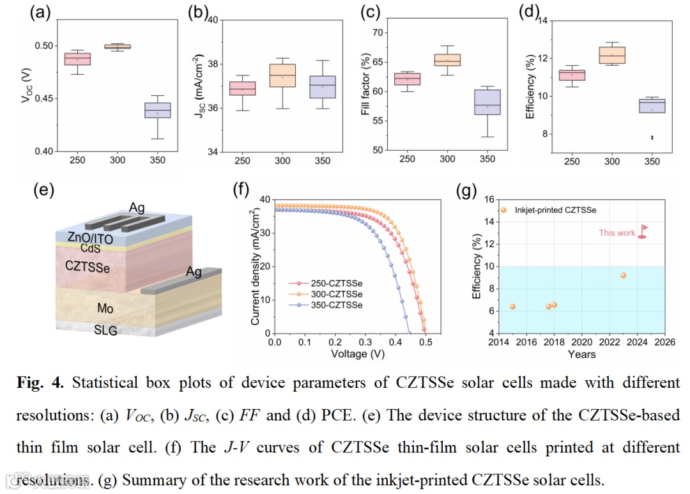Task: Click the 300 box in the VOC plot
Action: [x=117, y=47]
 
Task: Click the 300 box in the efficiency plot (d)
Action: [x=612, y=55]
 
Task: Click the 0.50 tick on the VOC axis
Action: [x=45, y=46]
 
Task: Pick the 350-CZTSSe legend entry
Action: [x=325, y=305]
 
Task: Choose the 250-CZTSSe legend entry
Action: [x=325, y=282]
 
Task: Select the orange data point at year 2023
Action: [x=623, y=275]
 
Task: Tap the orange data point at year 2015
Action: [x=512, y=307]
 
